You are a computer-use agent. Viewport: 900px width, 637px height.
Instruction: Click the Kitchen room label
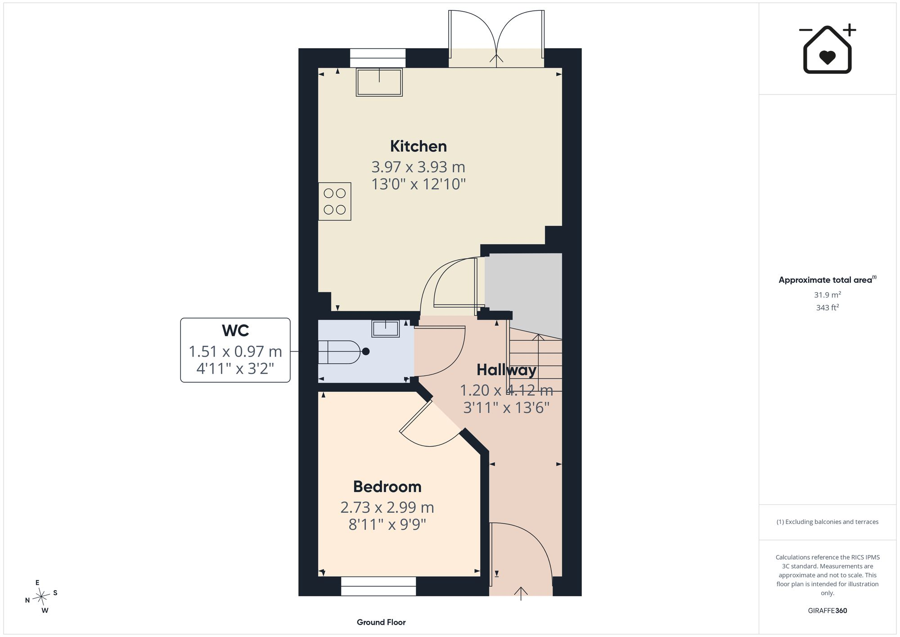click(418, 146)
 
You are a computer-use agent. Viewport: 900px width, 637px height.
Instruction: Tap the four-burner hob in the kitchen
click(334, 201)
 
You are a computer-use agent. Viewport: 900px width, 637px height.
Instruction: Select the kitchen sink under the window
click(379, 82)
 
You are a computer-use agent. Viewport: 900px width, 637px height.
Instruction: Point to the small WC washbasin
click(386, 329)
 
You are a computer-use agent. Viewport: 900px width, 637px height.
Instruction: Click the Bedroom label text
click(387, 487)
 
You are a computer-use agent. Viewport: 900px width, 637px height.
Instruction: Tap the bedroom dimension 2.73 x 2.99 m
click(387, 507)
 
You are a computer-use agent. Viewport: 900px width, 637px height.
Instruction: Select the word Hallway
click(506, 370)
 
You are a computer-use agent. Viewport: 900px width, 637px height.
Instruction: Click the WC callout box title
click(235, 331)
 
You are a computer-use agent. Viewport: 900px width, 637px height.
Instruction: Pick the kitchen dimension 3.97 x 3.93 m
click(418, 167)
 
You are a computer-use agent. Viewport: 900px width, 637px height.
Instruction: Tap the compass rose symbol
click(41, 597)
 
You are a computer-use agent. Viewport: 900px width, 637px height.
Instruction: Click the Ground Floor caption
click(381, 622)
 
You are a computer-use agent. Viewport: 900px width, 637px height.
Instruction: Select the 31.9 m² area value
click(828, 295)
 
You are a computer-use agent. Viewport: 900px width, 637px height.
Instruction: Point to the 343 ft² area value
click(828, 307)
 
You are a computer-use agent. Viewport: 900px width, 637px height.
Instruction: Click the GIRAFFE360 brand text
click(828, 610)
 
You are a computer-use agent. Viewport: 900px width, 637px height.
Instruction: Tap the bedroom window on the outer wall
click(378, 586)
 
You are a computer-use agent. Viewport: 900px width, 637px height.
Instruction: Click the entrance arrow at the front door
click(521, 593)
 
